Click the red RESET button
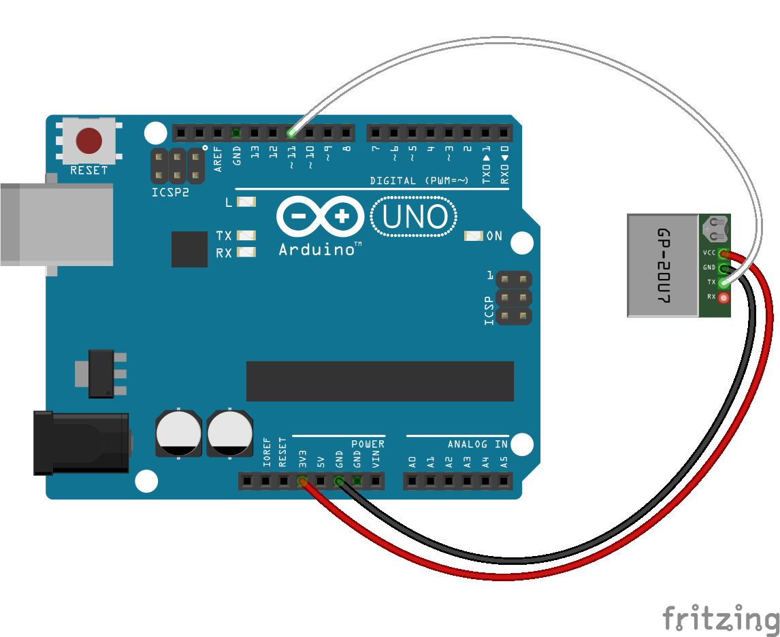(88, 141)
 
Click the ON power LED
(473, 236)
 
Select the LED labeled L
(246, 202)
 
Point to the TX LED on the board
(246, 235)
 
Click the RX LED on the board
(246, 252)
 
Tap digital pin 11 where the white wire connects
(291, 132)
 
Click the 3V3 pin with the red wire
(302, 482)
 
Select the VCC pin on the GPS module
(723, 254)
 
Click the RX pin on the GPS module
(723, 297)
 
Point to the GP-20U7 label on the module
(663, 265)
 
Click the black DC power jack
(82, 443)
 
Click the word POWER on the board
(368, 444)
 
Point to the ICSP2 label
(170, 193)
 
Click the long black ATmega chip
(380, 381)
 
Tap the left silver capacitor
(178, 434)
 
